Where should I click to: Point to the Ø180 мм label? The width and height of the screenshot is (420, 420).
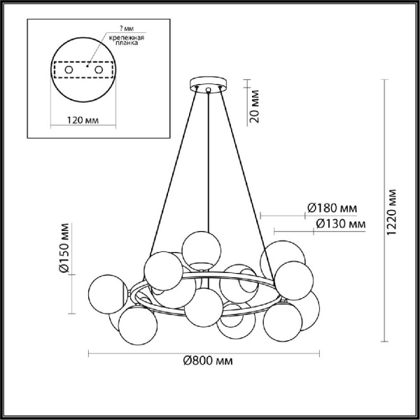point(332,208)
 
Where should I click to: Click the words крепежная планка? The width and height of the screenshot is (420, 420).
point(131,40)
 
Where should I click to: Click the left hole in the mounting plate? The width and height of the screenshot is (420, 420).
point(69,70)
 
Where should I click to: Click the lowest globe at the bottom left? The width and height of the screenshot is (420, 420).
point(136,325)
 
